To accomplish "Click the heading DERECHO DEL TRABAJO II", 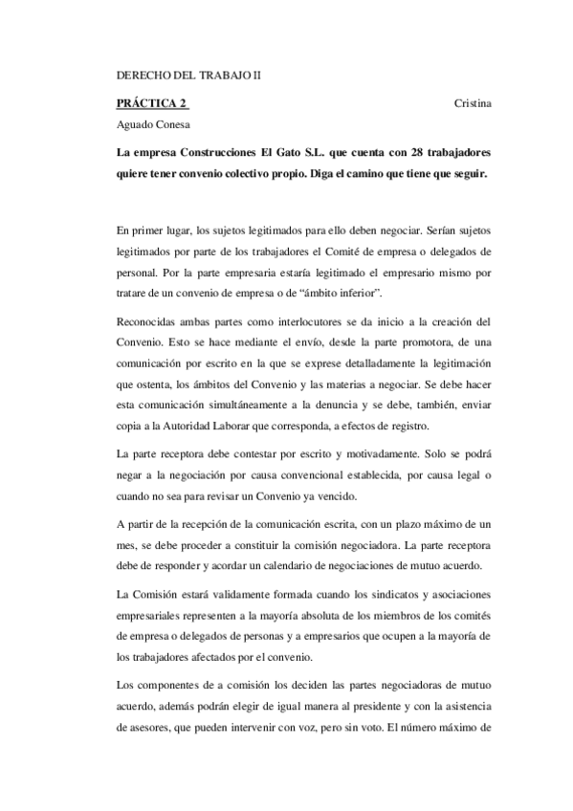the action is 187,75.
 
